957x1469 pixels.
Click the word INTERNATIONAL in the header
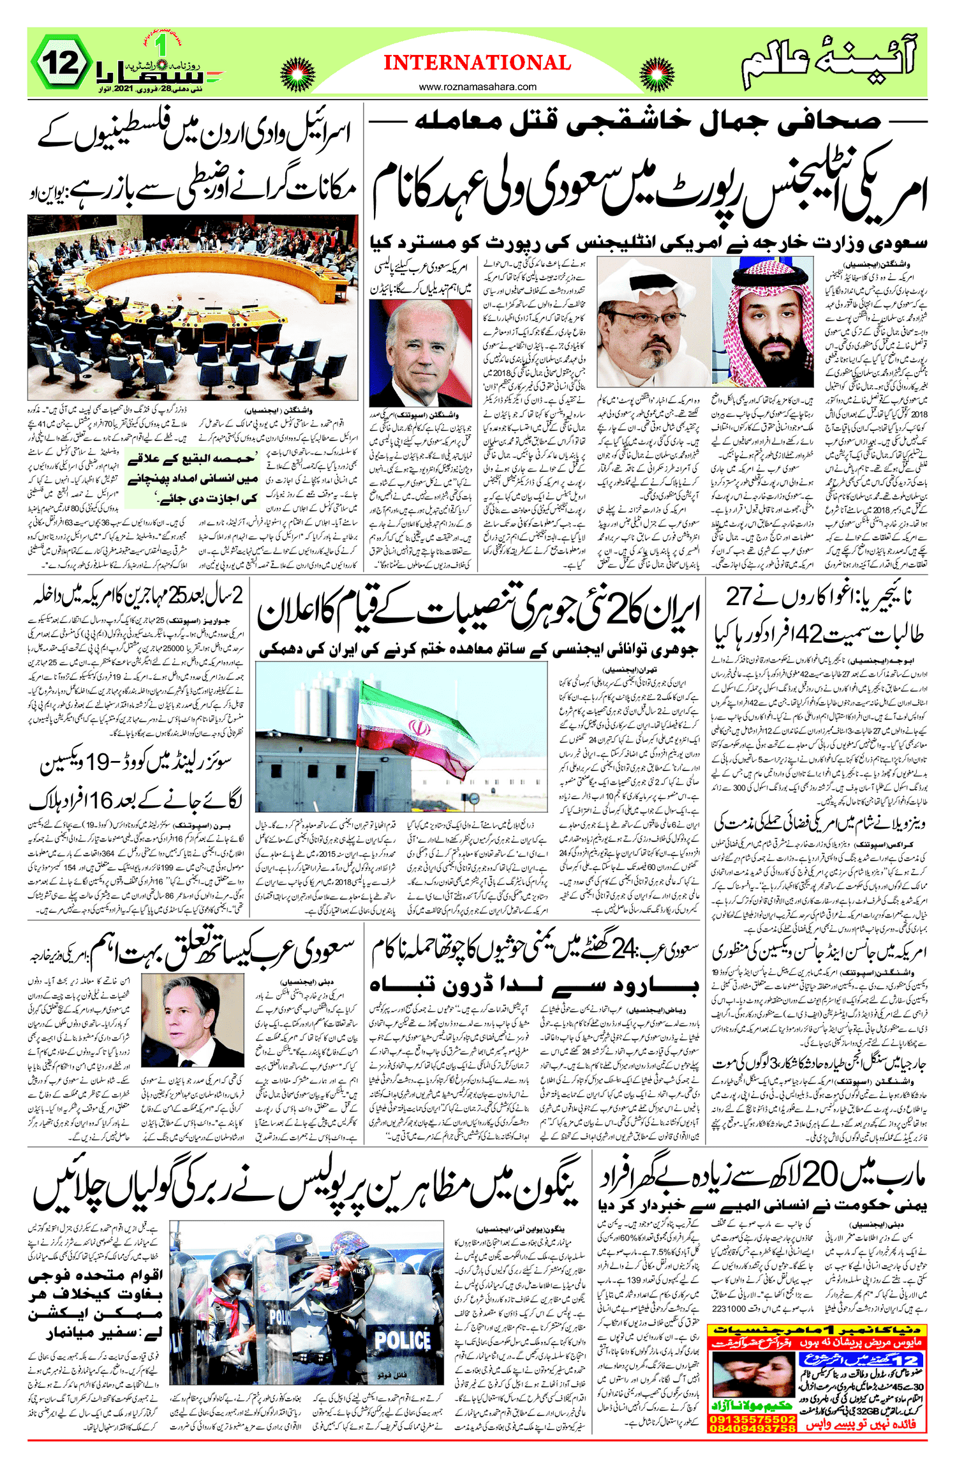[x=477, y=63]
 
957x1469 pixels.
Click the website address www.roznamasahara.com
[x=477, y=87]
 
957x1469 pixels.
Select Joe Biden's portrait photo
[x=420, y=352]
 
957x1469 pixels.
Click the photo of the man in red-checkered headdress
[x=762, y=322]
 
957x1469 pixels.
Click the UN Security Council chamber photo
[x=193, y=306]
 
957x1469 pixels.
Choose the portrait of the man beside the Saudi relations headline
[x=192, y=1020]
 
